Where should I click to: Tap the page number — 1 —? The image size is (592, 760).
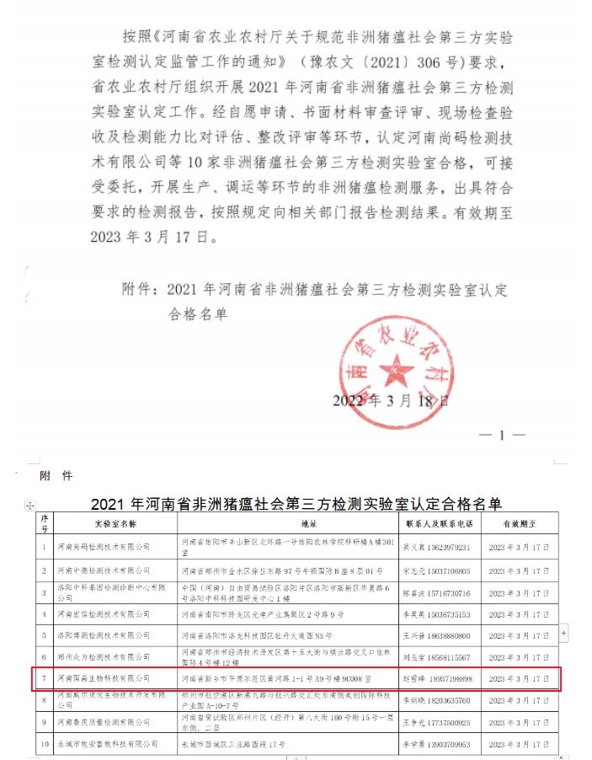501,436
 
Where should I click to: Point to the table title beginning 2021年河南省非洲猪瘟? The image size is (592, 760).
296,504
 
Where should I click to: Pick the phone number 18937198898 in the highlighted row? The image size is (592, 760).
454,678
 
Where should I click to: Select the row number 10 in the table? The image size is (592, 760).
43,745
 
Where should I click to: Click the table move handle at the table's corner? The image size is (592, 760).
31,505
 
